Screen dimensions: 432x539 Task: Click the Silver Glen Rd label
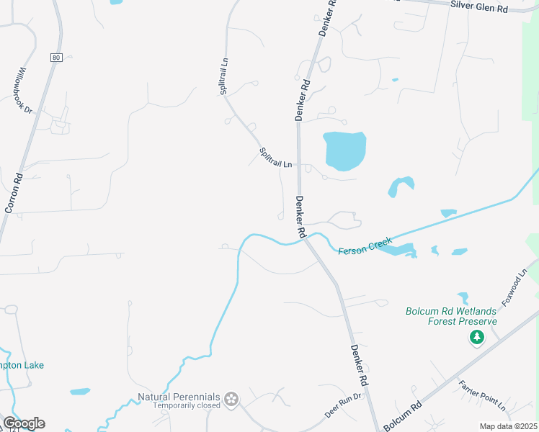point(479,8)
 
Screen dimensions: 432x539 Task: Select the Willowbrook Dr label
point(23,91)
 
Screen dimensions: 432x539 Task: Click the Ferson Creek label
point(365,246)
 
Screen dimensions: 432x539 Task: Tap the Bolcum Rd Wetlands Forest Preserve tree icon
point(476,337)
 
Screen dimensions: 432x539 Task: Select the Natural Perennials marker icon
point(231,399)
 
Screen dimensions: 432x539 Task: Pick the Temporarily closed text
point(186,406)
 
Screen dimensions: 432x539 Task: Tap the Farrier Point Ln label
point(483,395)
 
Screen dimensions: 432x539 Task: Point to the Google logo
point(24,423)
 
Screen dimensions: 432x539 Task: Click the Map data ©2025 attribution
point(507,426)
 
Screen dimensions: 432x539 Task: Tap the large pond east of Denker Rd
point(345,150)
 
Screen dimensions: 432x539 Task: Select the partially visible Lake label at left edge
point(22,365)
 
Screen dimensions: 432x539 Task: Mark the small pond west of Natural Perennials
point(80,392)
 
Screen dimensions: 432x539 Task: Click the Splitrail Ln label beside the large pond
point(276,158)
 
